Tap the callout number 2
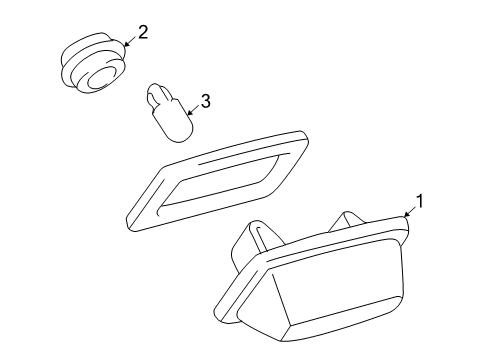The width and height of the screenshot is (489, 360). pyautogui.click(x=143, y=33)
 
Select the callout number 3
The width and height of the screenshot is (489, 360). pyautogui.click(x=205, y=101)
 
